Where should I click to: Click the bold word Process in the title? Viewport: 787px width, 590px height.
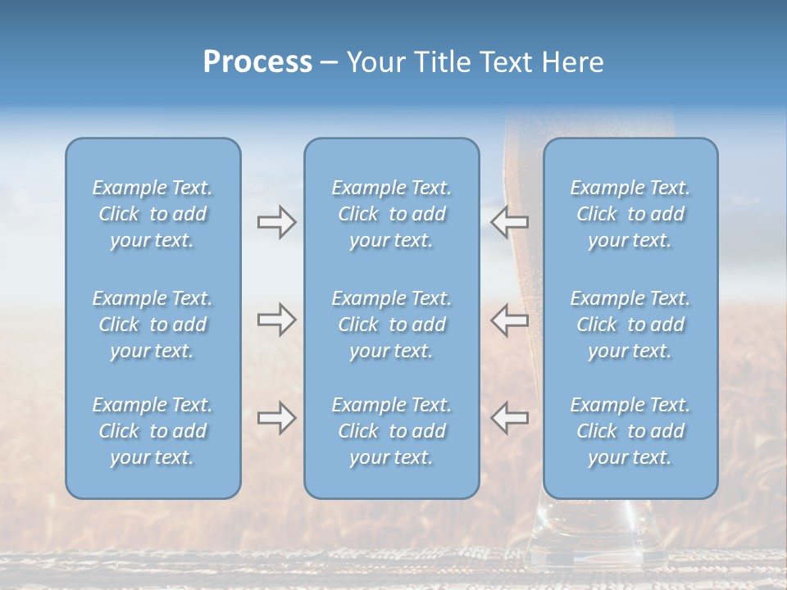tap(257, 62)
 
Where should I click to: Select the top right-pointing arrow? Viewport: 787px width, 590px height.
tap(276, 221)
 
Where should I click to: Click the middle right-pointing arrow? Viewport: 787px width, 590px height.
tap(276, 320)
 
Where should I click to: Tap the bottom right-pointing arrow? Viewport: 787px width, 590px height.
tap(276, 418)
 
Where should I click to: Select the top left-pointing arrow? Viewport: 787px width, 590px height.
tap(509, 221)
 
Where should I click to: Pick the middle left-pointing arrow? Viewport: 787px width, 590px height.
tap(509, 320)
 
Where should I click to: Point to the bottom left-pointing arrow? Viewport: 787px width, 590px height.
tap(509, 418)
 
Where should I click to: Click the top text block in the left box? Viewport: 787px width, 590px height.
tap(152, 214)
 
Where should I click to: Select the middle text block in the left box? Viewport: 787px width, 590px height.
tap(152, 324)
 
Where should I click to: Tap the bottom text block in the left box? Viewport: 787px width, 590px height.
tap(152, 431)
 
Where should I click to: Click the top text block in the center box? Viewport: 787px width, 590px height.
tap(391, 214)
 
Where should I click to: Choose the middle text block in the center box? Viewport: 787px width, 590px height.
tap(391, 324)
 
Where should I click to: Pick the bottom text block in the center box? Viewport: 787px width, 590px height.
tap(391, 431)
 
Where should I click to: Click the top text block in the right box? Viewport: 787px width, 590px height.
tap(630, 214)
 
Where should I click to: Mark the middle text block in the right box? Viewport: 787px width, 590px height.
tap(630, 324)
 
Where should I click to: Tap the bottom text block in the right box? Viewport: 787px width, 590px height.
tap(630, 431)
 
